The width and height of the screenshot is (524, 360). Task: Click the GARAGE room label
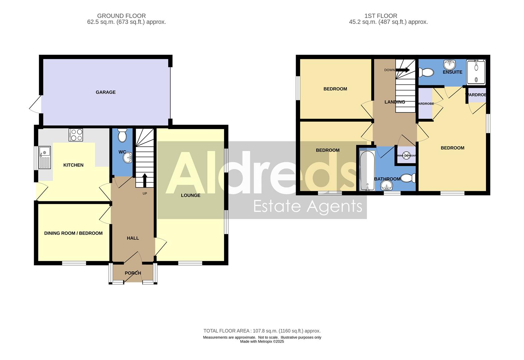[x=106, y=92]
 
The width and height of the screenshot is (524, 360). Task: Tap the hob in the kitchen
[x=76, y=135]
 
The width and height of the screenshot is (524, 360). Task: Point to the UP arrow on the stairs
[x=145, y=180]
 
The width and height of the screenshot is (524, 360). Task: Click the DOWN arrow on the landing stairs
[x=403, y=70]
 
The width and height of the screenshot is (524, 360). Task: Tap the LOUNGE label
[x=191, y=195]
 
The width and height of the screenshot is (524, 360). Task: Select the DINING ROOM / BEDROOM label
[x=73, y=233]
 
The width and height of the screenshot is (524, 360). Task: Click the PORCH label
[x=133, y=273]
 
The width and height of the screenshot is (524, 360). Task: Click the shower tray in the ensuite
[x=476, y=72]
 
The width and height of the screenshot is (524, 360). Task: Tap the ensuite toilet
[x=426, y=72]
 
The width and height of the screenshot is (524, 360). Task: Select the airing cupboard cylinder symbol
[x=406, y=156]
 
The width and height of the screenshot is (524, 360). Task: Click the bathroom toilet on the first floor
[x=409, y=178]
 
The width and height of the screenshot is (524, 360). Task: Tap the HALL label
[x=133, y=238]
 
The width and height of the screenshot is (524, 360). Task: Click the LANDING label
[x=395, y=102]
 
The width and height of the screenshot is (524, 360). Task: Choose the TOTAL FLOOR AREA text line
[x=262, y=331]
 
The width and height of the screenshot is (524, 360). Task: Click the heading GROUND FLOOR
[x=121, y=16]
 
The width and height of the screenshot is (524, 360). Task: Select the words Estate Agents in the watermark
[x=308, y=206]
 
